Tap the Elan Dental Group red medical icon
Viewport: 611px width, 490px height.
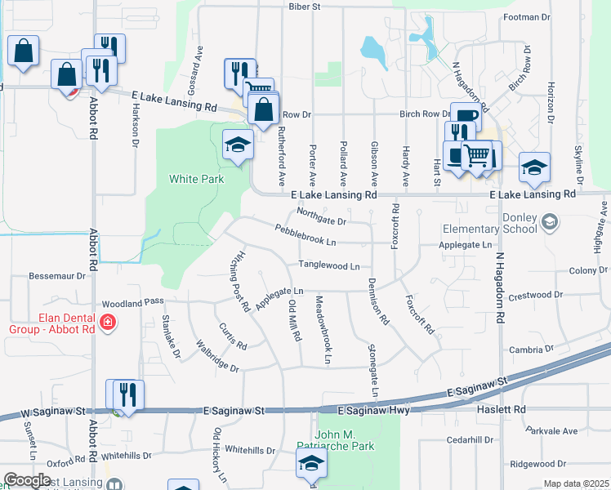point(106,325)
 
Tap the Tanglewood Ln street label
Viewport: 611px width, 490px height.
point(328,265)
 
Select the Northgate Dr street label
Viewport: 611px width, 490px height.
point(322,216)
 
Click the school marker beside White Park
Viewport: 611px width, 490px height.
point(237,147)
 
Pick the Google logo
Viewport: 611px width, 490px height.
point(27,480)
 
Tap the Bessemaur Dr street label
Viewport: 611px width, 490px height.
point(57,276)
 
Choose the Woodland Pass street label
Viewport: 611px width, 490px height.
point(133,302)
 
